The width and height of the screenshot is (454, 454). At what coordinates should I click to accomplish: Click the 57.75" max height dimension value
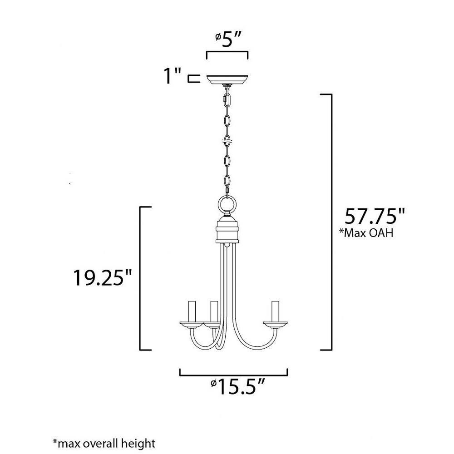point(375,216)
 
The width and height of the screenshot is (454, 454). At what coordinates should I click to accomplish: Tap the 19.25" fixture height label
point(103,278)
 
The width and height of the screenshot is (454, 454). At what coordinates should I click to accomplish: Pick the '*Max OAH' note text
point(366,232)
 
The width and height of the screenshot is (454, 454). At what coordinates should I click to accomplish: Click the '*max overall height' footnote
point(104,443)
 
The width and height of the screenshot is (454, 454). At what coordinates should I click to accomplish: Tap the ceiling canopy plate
point(227,79)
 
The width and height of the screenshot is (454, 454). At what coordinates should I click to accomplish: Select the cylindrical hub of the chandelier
point(227,230)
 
